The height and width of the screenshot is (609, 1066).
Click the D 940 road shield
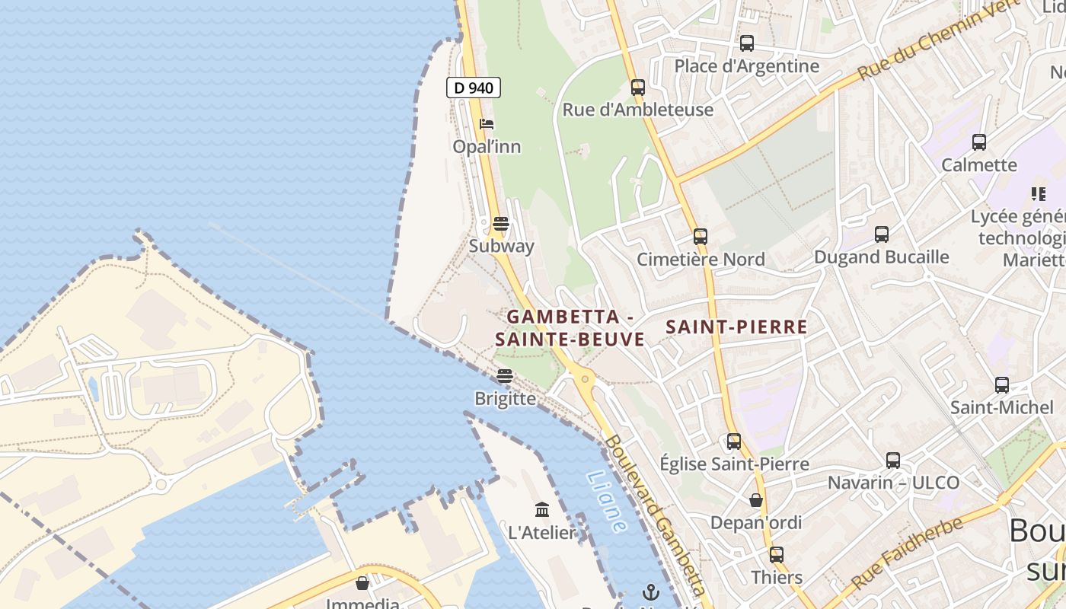[x=474, y=88]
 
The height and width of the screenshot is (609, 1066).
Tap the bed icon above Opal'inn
[x=487, y=124]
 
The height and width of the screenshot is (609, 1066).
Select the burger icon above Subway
[x=500, y=224]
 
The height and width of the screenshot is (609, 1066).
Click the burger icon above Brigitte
[x=504, y=376]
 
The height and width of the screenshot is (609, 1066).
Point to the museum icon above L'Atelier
[x=542, y=509]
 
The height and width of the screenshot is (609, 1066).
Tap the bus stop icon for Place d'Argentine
[x=746, y=43]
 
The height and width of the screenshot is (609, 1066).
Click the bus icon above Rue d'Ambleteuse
[x=638, y=88]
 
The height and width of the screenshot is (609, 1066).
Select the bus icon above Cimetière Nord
[x=701, y=237]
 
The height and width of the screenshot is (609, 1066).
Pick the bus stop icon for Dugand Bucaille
[x=882, y=234]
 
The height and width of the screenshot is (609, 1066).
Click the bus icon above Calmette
[x=979, y=142]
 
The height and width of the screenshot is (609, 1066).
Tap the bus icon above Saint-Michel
[x=1002, y=385]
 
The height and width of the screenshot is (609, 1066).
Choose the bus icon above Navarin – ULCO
[x=893, y=461]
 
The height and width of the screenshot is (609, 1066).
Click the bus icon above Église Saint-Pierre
[x=734, y=442]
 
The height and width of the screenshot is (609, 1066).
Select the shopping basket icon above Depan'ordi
[x=756, y=500]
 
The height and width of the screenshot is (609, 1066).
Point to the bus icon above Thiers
[x=777, y=555]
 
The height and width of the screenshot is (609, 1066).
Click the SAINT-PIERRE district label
[x=736, y=327]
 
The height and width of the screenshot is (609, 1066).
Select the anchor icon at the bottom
[x=650, y=592]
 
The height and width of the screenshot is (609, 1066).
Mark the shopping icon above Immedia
[x=362, y=583]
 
